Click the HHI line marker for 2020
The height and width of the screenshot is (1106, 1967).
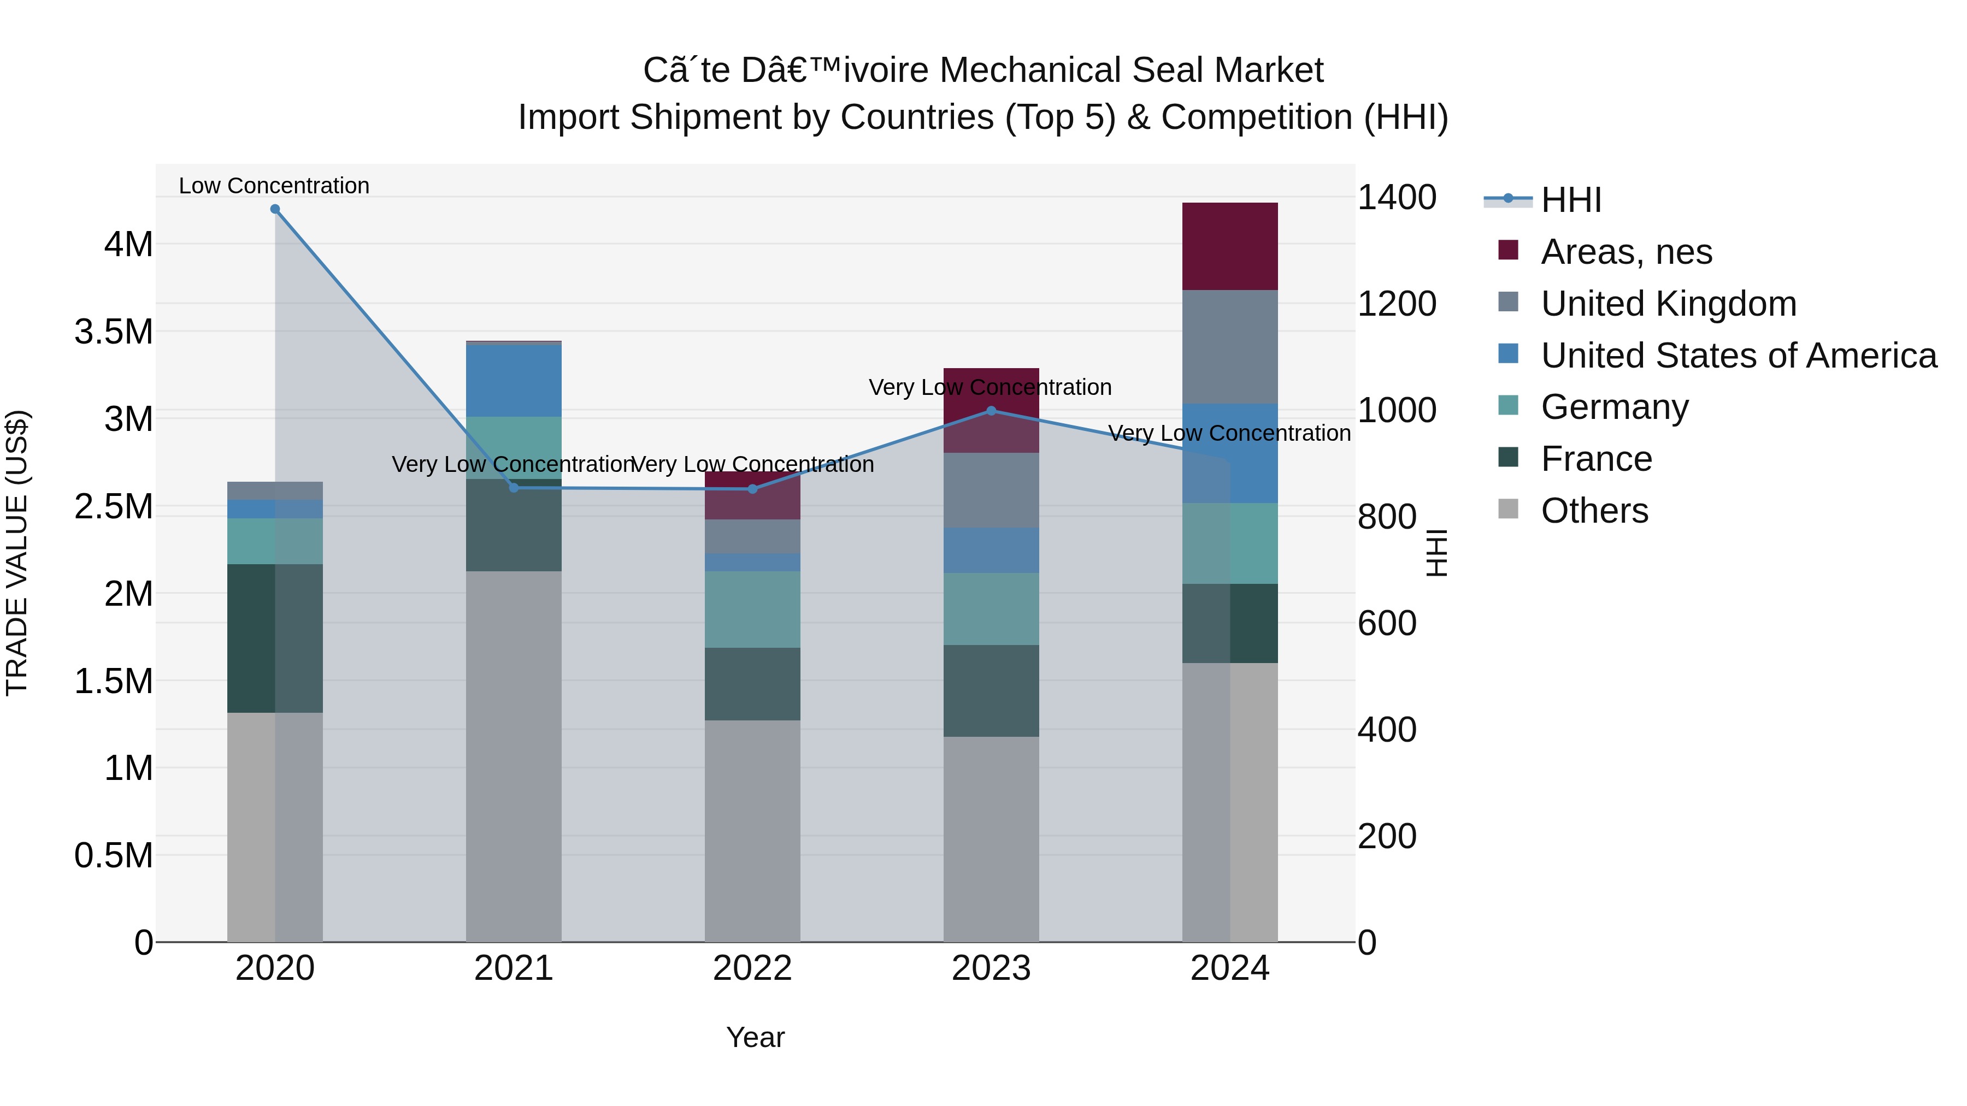275,209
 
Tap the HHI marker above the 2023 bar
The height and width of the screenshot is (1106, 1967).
991,411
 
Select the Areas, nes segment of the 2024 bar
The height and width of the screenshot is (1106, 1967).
1229,246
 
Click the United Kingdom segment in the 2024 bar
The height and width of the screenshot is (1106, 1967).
1229,346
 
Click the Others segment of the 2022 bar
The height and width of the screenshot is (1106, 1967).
752,830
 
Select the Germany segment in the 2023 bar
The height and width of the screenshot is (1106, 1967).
991,608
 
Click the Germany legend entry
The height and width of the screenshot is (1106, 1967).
1614,407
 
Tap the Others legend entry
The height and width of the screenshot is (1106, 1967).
1594,511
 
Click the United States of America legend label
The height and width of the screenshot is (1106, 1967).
1739,356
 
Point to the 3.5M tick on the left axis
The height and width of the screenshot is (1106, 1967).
114,332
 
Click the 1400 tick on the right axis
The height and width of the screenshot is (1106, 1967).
1397,198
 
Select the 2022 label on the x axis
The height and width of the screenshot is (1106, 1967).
752,968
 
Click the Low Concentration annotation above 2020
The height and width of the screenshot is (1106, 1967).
274,186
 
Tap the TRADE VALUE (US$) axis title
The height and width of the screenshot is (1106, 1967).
17,553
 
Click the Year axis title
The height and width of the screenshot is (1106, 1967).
755,1037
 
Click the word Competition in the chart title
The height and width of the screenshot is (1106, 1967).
1256,117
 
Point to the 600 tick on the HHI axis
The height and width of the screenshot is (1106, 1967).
1387,624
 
